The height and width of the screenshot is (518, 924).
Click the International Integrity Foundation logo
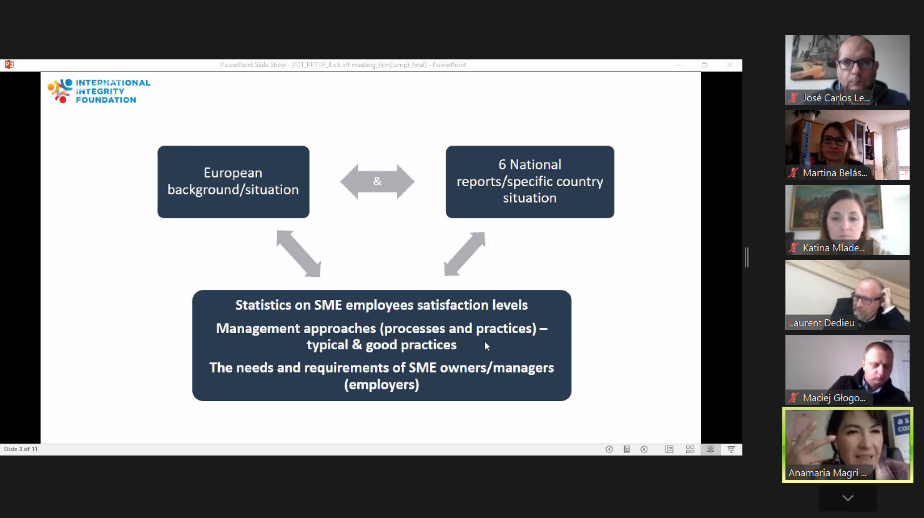(99, 91)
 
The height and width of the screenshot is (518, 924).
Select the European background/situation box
(233, 182)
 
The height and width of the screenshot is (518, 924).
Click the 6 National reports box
(529, 182)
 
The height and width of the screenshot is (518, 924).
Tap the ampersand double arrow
(377, 182)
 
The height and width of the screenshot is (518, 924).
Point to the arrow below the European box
(298, 254)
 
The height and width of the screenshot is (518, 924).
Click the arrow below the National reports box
(464, 254)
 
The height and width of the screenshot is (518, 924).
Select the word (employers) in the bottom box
(381, 385)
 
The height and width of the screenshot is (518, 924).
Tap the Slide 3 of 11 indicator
(21, 449)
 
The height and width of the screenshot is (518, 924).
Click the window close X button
(730, 65)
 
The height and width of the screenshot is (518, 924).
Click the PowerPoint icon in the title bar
(9, 64)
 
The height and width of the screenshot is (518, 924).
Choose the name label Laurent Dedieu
(821, 323)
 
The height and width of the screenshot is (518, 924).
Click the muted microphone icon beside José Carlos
(794, 98)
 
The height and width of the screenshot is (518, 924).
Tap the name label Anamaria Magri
(827, 473)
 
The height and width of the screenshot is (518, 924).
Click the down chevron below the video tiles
(848, 498)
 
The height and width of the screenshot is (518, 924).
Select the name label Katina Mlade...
(833, 248)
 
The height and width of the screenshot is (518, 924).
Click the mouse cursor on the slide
(487, 346)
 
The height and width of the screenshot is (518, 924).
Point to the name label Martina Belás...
(835, 173)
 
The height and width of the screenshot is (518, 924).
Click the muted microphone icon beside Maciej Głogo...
(794, 398)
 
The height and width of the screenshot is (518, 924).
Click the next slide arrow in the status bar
(644, 449)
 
